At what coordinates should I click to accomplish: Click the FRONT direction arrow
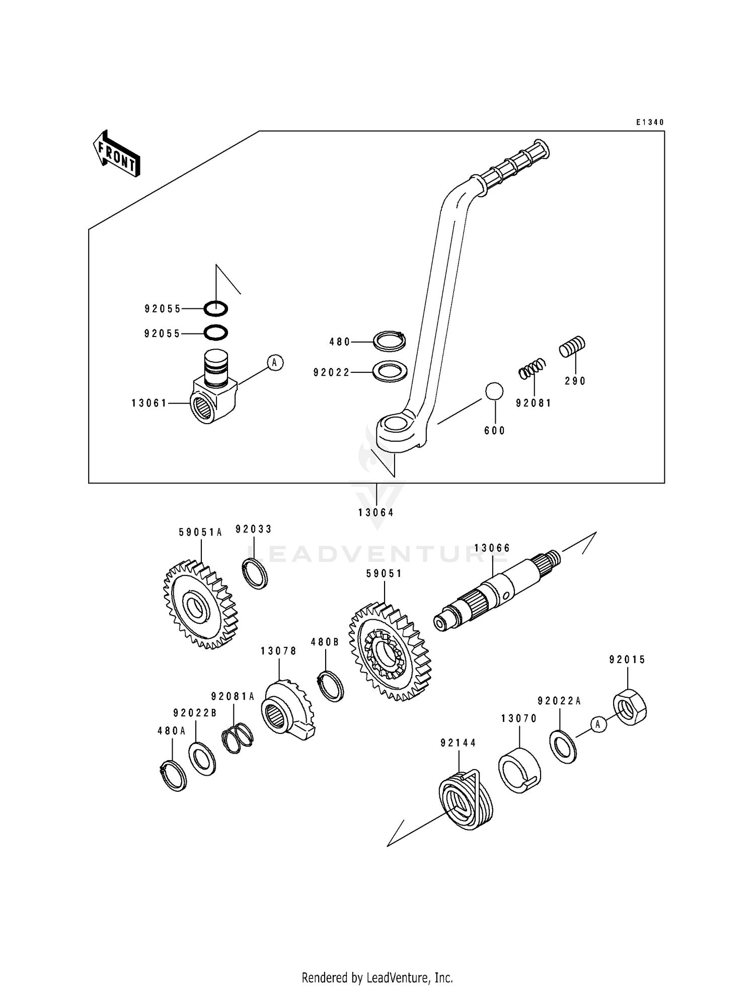(x=116, y=153)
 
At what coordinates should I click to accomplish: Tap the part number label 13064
(x=376, y=513)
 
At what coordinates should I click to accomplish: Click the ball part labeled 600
(x=494, y=391)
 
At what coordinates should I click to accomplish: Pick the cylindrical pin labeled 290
(x=572, y=347)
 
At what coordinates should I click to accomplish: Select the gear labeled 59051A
(x=200, y=604)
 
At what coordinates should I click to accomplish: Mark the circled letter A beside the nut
(x=598, y=724)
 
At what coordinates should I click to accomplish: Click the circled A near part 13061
(x=275, y=362)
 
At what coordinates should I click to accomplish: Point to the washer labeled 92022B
(x=202, y=759)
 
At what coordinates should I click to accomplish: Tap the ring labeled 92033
(x=256, y=573)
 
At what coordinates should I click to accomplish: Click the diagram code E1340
(x=650, y=122)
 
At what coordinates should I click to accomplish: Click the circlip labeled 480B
(x=332, y=686)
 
